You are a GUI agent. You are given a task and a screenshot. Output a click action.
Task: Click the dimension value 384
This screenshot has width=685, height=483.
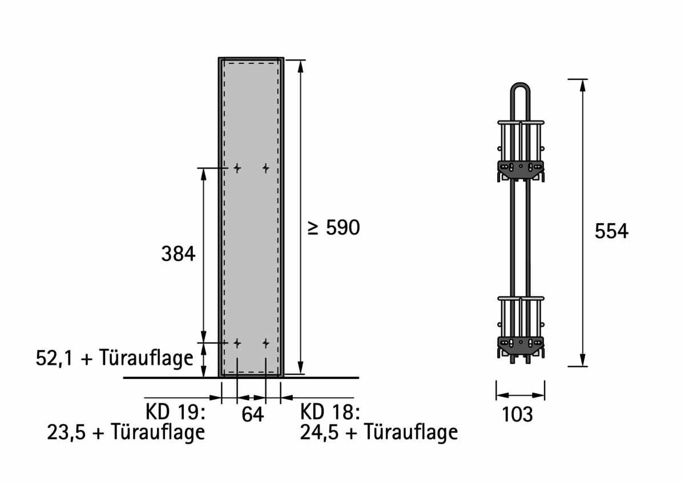click(178, 254)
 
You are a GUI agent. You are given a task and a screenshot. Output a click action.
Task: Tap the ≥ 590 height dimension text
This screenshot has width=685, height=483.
click(333, 228)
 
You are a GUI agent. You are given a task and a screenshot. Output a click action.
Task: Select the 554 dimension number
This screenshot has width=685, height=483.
click(611, 231)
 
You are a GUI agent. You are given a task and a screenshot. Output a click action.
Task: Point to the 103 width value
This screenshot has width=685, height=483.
click(517, 414)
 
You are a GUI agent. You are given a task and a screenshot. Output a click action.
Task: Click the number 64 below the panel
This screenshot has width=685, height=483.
click(252, 414)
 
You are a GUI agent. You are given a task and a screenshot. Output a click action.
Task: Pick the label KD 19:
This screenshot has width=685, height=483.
click(175, 412)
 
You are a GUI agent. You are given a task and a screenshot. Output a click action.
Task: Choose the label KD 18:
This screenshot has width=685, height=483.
click(330, 412)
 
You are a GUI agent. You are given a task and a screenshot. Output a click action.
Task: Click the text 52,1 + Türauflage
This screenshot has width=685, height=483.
click(115, 358)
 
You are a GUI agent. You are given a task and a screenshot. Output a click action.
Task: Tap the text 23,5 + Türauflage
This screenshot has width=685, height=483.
click(126, 432)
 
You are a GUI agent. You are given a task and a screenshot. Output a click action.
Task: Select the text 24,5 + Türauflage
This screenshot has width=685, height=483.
click(379, 432)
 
